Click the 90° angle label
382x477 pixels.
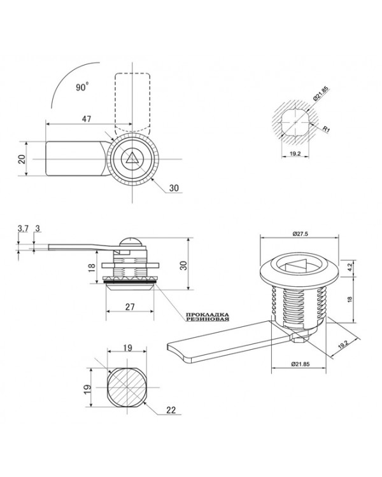pyautogui.click(x=82, y=87)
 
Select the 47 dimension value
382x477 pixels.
pyautogui.click(x=87, y=119)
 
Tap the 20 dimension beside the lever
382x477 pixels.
pyautogui.click(x=22, y=159)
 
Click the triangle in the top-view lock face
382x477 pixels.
pyautogui.click(x=132, y=158)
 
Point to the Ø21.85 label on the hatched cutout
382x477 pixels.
pyautogui.click(x=321, y=93)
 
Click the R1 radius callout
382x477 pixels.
pyautogui.click(x=326, y=129)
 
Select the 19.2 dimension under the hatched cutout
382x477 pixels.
pyautogui.click(x=295, y=154)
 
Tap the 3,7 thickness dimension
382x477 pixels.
pyautogui.click(x=22, y=228)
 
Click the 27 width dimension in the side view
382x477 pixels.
pyautogui.click(x=130, y=307)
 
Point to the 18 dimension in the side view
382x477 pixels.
pyautogui.click(x=92, y=267)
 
